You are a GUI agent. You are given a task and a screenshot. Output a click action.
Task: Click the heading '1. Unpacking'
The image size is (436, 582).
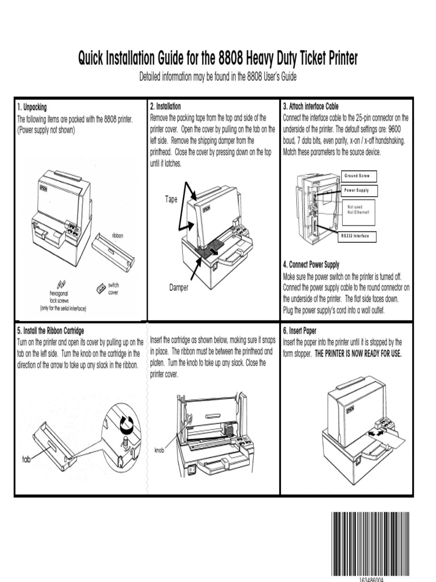coord(32,107)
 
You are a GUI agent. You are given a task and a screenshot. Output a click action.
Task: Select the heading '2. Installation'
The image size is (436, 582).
coord(165,106)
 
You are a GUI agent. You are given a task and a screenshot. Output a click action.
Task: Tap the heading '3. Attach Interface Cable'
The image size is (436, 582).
coord(311,106)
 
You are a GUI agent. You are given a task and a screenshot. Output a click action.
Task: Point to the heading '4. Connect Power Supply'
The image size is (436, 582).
coord(311,264)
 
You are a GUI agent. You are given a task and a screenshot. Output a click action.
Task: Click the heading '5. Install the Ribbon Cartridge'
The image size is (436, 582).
coord(51,330)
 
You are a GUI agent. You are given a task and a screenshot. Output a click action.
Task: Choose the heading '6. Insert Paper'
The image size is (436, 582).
coord(300,330)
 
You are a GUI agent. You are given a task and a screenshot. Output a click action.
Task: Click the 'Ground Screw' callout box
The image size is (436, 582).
coord(357,176)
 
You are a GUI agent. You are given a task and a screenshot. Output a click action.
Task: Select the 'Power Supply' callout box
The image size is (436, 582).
coord(357,190)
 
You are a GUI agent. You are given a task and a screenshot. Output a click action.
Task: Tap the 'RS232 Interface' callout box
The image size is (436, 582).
coord(355,235)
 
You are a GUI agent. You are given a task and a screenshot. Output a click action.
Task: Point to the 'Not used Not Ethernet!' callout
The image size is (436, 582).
coord(358,209)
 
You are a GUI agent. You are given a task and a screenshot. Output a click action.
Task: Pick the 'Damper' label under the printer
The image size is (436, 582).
coord(178,288)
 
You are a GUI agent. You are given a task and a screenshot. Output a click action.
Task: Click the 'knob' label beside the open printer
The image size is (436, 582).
coord(160,450)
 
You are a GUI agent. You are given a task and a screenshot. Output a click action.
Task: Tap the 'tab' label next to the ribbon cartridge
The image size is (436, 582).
coord(26,459)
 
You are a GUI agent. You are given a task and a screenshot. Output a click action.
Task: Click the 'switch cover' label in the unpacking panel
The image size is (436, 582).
coord(113,288)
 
